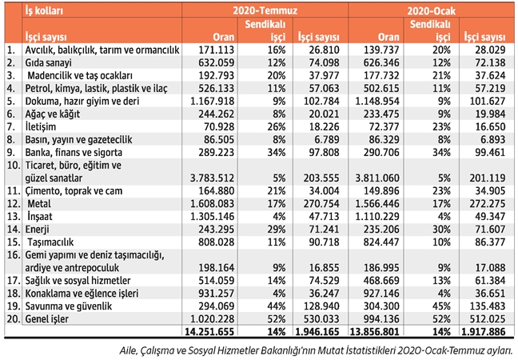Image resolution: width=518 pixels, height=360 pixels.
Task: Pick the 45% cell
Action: (436, 306)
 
